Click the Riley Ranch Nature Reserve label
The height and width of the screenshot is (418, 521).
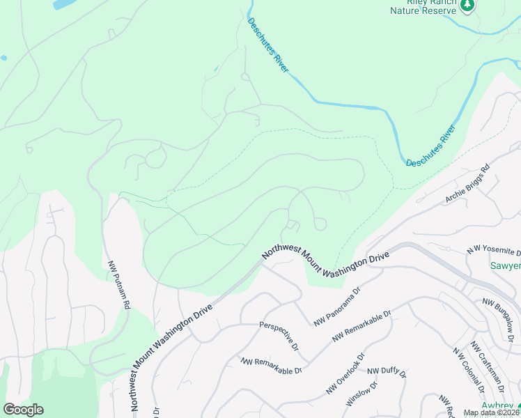423,7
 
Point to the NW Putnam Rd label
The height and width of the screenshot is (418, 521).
118,285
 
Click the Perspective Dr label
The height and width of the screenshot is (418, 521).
279,336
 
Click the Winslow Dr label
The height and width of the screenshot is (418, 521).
361,394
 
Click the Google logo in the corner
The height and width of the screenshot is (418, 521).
23,410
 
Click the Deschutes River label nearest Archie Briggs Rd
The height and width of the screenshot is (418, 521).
430,146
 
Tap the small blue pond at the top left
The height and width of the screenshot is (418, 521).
63,4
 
